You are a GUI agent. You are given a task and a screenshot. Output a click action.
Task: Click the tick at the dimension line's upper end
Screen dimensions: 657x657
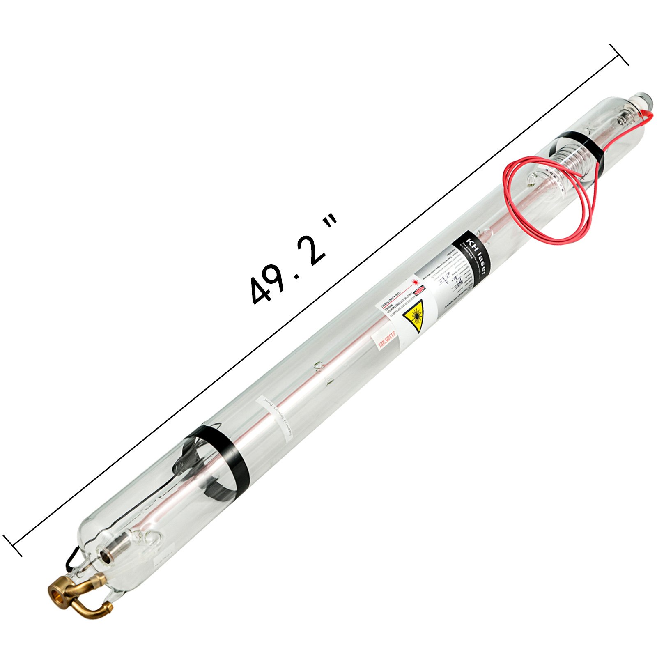619,55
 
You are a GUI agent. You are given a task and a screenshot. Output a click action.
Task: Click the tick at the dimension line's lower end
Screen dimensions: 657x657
13,546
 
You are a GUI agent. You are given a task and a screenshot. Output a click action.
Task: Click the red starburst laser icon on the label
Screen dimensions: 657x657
416,283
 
